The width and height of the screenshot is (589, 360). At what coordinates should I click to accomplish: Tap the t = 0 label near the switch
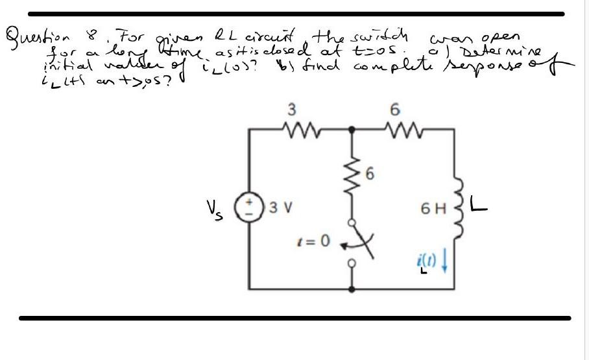(x=316, y=242)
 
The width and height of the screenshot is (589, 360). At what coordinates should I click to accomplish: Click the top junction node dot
(x=352, y=130)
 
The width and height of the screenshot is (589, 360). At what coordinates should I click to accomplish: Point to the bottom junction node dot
(x=352, y=288)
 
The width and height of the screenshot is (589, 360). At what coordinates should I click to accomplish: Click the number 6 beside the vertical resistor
(x=370, y=173)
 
